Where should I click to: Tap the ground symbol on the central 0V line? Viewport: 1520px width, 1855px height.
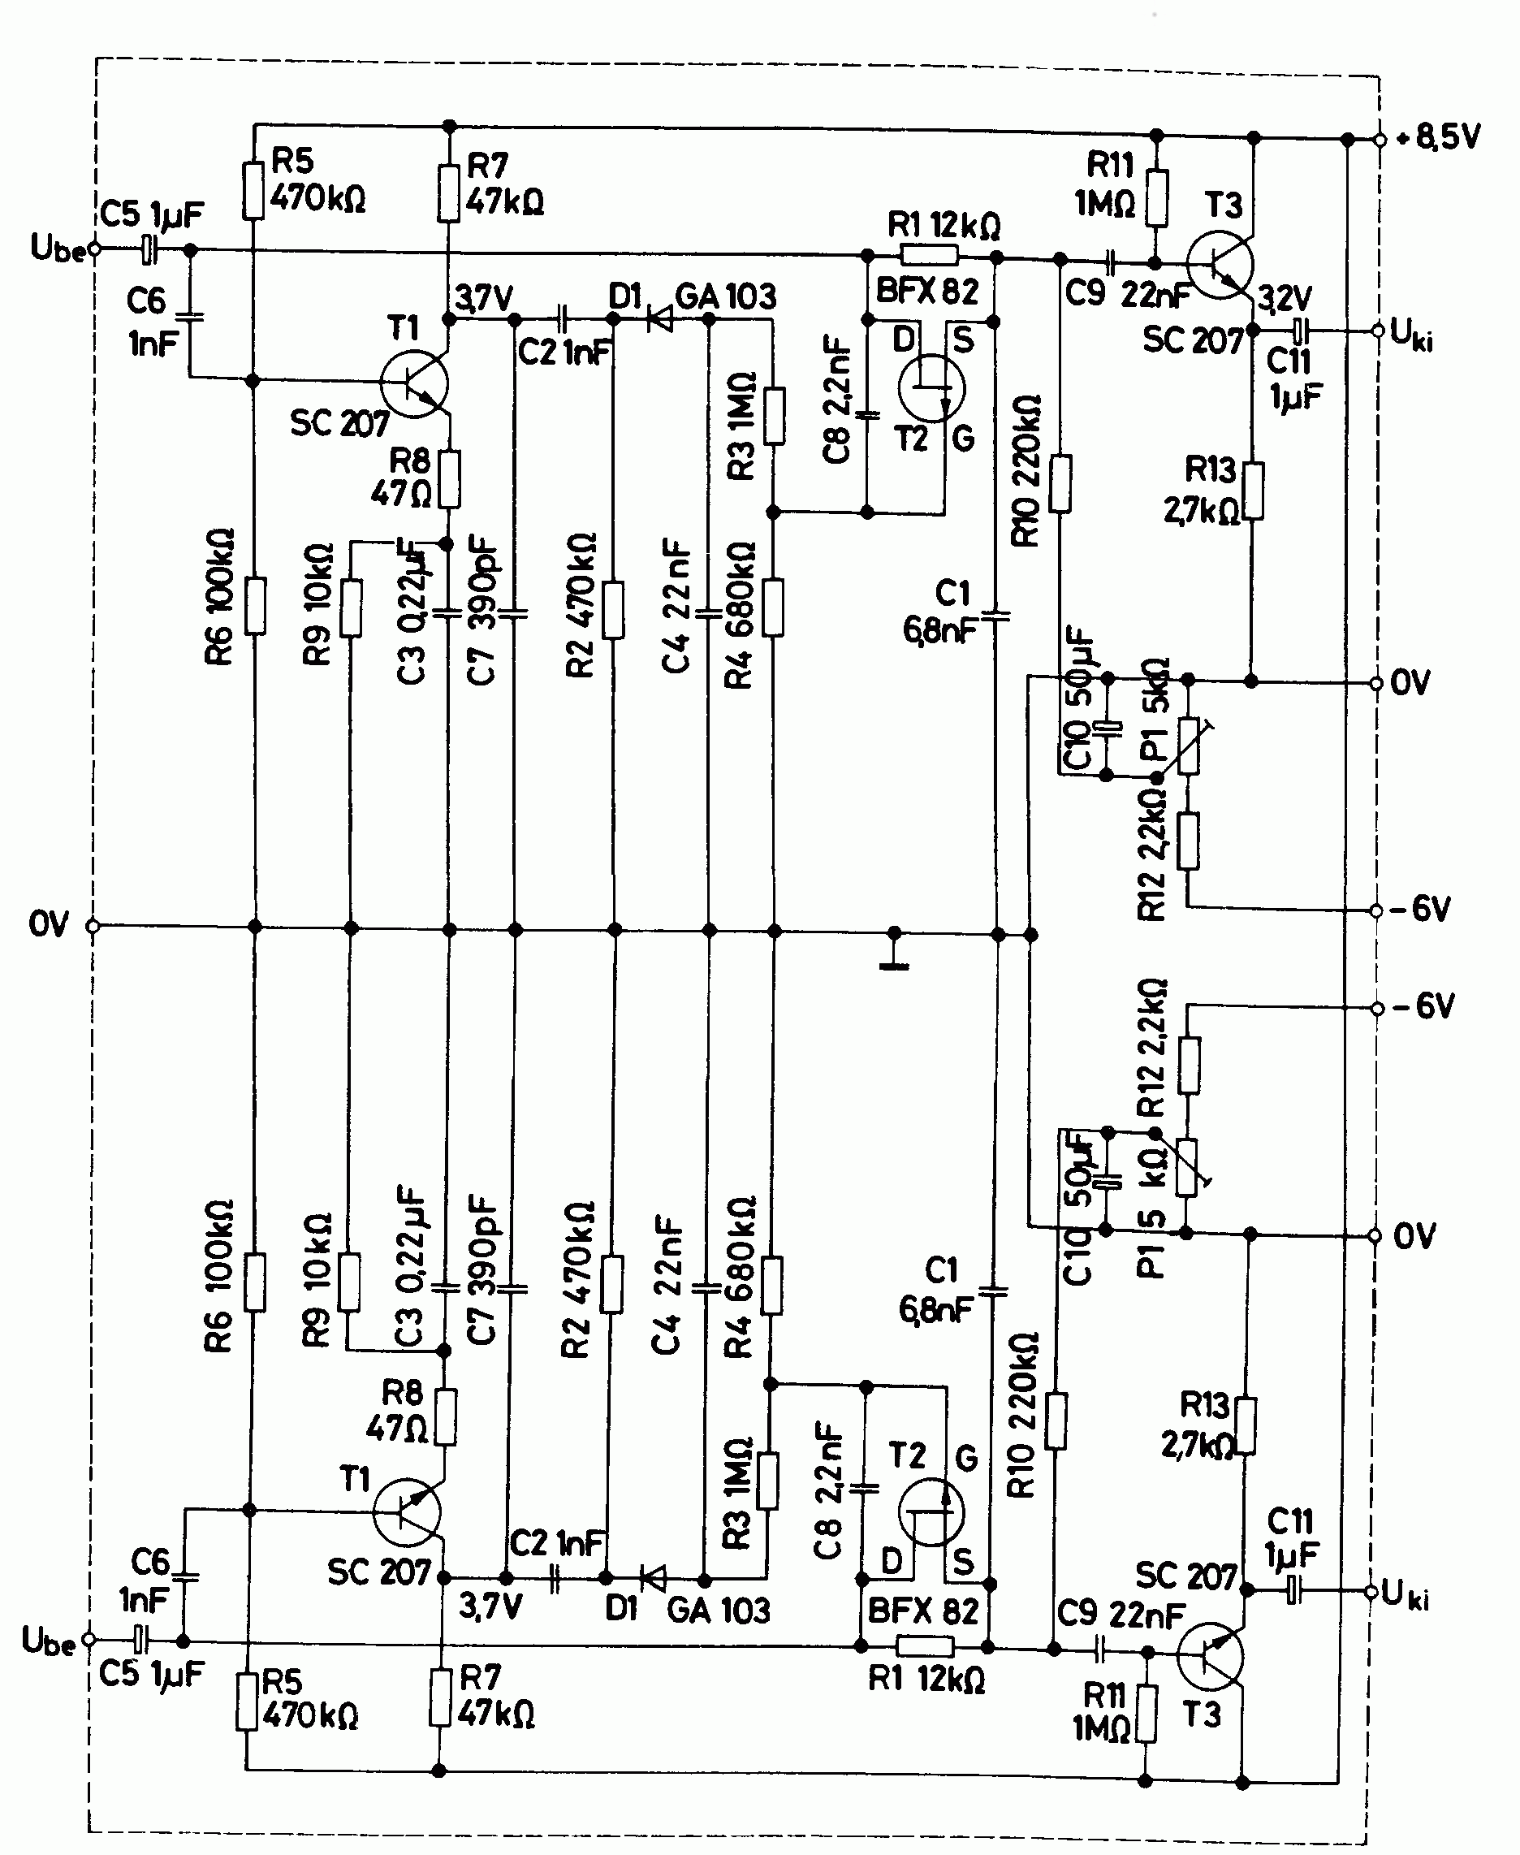[893, 954]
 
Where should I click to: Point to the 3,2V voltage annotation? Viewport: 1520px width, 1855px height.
[1285, 300]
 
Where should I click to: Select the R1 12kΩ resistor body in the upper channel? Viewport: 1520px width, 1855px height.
[930, 256]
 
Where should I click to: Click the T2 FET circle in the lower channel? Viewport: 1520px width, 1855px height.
[931, 1512]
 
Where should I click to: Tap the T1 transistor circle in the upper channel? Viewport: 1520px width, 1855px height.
[414, 383]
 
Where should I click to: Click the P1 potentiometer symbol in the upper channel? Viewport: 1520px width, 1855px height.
[1188, 746]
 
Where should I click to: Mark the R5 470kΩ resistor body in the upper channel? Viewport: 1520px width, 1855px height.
[253, 189]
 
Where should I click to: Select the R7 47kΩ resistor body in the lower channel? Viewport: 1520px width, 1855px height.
[439, 1697]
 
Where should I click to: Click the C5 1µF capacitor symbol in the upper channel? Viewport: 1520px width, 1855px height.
[149, 250]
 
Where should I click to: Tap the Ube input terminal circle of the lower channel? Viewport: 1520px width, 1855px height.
[88, 1639]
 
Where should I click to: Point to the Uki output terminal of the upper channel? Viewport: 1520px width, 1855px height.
[1378, 331]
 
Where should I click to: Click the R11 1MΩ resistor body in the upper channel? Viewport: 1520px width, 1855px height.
[1156, 198]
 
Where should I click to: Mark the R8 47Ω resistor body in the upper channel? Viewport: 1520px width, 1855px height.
[449, 479]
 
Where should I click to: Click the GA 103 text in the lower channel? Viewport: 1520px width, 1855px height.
[718, 1610]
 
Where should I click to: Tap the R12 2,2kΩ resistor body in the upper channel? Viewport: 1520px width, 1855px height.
[1188, 841]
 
